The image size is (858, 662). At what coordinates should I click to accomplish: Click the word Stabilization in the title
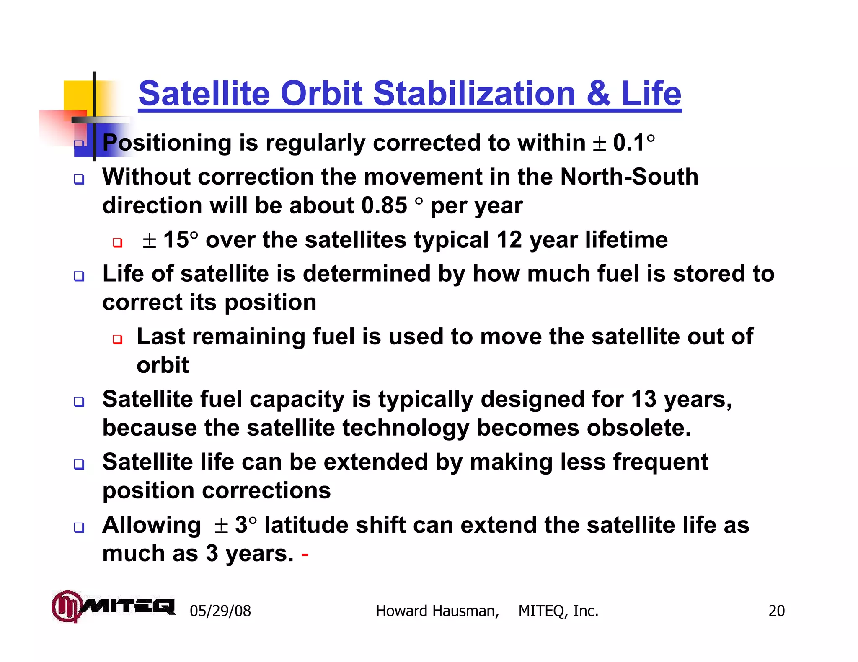(x=474, y=93)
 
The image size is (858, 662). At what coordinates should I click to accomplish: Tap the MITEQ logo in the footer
(x=113, y=606)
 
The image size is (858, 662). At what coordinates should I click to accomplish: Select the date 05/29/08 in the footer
(x=220, y=611)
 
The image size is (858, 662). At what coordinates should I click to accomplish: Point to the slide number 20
(x=776, y=611)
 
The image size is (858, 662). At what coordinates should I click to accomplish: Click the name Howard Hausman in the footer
(x=437, y=611)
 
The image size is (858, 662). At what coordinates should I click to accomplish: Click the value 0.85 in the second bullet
(x=384, y=206)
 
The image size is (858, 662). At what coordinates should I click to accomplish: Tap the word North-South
(x=629, y=177)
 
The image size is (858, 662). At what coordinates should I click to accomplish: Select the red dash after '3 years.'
(x=305, y=555)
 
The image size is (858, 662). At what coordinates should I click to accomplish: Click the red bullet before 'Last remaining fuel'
(x=118, y=339)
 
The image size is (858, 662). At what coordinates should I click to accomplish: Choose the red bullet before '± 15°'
(x=118, y=242)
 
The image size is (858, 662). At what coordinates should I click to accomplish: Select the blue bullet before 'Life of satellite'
(x=79, y=276)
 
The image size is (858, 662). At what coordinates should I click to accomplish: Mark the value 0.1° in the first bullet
(x=633, y=143)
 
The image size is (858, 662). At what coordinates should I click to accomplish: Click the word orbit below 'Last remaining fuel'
(x=163, y=365)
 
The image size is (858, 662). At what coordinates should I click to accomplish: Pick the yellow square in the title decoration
(x=79, y=95)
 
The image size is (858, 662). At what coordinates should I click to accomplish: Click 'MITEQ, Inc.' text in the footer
(x=558, y=611)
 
